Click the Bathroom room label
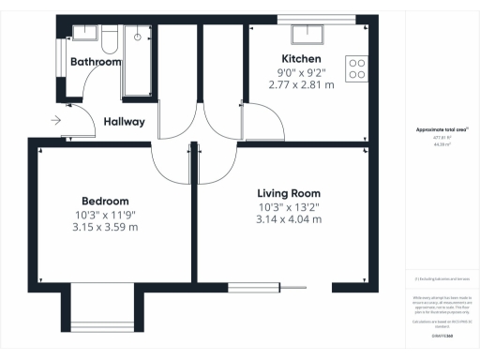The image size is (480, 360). point(96,62)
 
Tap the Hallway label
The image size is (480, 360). point(124,122)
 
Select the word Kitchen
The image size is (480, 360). point(295,59)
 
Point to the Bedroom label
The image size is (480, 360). point(105,201)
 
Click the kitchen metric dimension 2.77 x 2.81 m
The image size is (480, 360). point(295,83)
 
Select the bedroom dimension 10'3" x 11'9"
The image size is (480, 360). point(105,214)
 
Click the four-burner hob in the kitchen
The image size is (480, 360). point(356,68)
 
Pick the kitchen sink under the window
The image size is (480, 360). point(306,36)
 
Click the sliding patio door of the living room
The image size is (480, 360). point(267,287)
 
